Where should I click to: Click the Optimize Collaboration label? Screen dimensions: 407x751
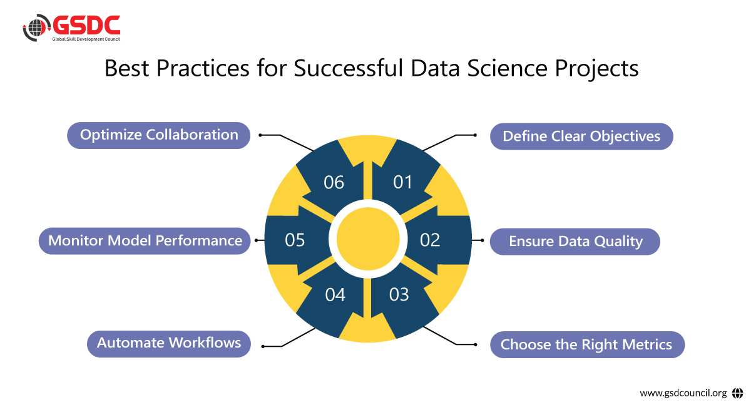pos(159,135)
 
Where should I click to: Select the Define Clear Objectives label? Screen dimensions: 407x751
pos(581,137)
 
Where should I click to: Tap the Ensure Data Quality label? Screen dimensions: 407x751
pos(575,242)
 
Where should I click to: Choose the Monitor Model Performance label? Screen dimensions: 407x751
pos(145,241)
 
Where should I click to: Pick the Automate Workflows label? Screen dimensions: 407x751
pos(169,343)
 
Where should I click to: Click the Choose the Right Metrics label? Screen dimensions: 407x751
pos(586,344)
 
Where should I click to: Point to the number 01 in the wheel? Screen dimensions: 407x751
pos(403,182)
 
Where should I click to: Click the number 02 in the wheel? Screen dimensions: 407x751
pos(430,240)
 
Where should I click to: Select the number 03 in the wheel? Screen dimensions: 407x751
pos(399,294)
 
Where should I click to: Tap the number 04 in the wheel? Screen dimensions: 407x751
pos(335,294)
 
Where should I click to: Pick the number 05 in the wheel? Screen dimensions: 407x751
pos(295,240)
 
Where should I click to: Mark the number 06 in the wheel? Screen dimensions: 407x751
pos(334,182)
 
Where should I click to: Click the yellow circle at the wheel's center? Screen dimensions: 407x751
pos(368,239)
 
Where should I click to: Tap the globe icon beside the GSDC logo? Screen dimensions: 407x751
pos(36,29)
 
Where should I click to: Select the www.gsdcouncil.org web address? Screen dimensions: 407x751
pos(683,393)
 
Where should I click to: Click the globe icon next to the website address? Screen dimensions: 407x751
pos(737,393)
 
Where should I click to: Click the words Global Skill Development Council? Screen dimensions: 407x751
pos(86,39)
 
